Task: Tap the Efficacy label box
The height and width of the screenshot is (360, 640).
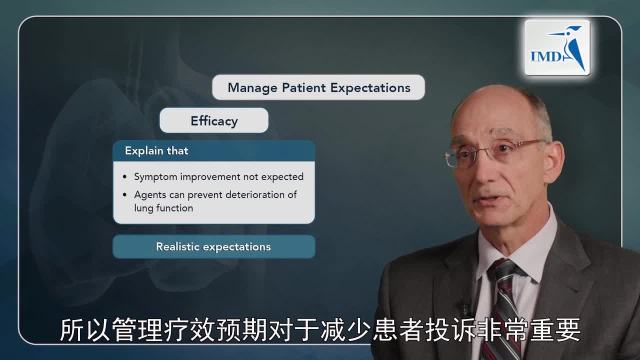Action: coord(214,121)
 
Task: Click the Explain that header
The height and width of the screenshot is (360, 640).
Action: coord(156,151)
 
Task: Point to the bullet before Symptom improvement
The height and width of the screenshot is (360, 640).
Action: coord(125,177)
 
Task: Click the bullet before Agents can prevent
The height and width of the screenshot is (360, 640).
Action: coord(125,195)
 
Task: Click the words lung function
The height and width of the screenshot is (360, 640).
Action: coord(163,208)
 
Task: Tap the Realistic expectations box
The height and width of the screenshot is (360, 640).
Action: coord(213,247)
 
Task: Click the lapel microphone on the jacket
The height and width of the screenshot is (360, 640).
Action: coord(466,307)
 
